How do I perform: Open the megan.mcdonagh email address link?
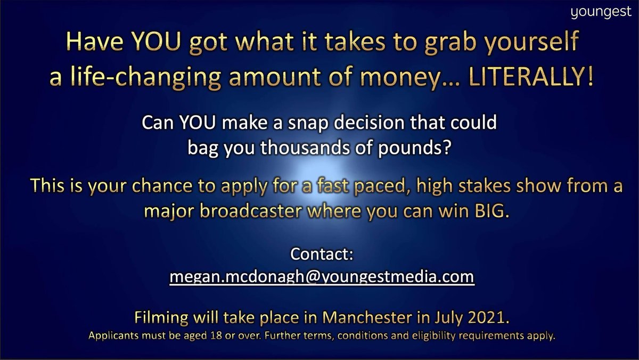pyautogui.click(x=322, y=278)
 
